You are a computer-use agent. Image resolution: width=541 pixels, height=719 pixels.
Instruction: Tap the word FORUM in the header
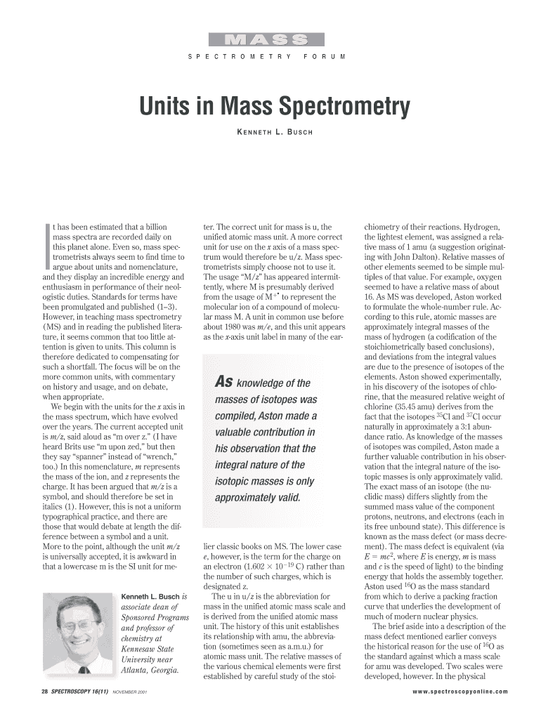[x=324, y=55]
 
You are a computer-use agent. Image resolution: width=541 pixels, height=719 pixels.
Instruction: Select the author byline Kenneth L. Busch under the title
[x=270, y=133]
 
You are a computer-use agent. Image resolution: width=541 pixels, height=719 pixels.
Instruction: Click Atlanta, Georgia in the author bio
[x=150, y=670]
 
